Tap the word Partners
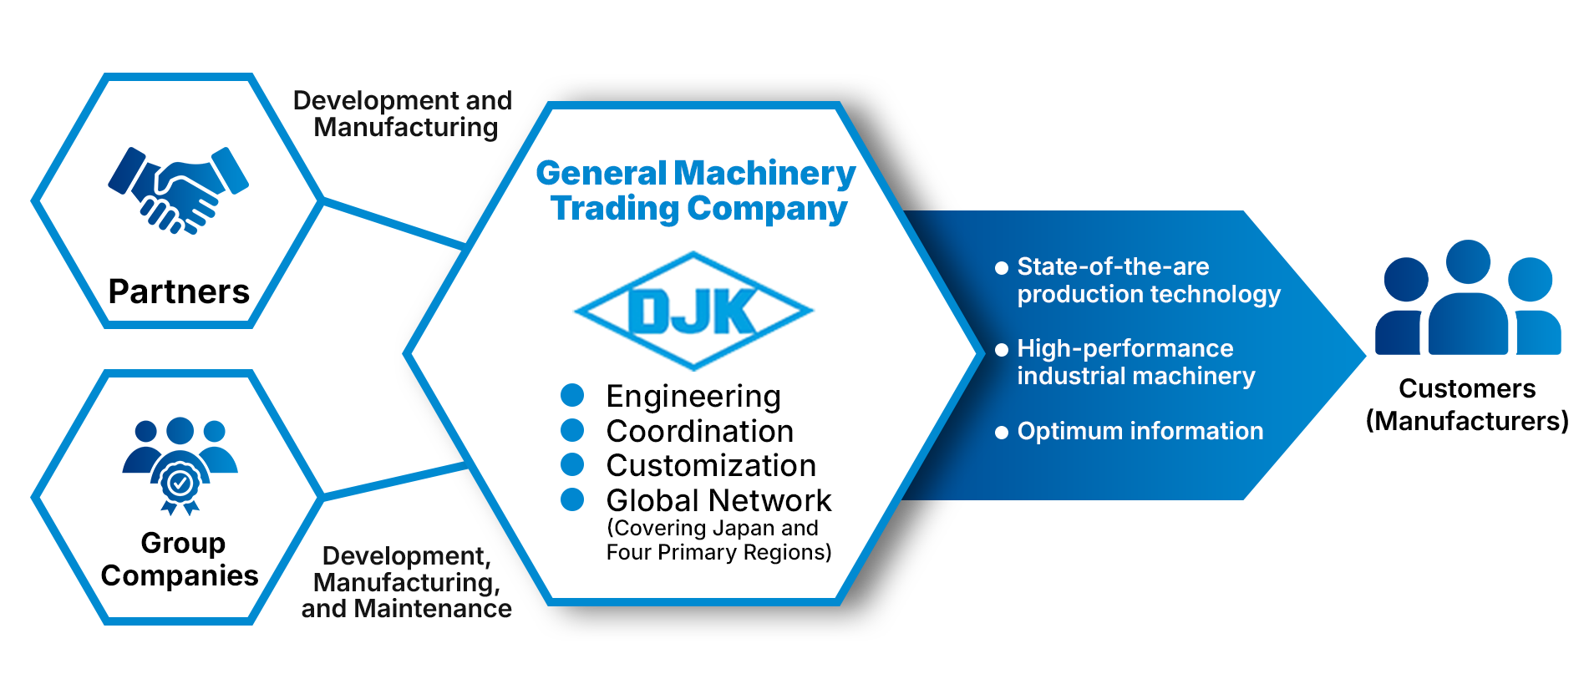point(179,291)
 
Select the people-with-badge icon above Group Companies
point(180,464)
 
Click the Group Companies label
point(180,559)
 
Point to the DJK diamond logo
point(693,311)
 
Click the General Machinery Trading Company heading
point(697,190)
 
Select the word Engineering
point(693,396)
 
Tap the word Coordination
point(700,431)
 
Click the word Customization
point(711,465)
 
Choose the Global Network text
point(718,500)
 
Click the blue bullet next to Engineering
point(572,394)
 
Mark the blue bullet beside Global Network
point(572,499)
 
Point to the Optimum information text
point(1140,431)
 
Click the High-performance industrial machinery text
point(1135,362)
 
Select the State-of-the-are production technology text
point(1148,280)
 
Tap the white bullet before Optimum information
point(1002,433)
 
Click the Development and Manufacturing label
point(404,114)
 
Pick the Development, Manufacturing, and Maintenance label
point(406,582)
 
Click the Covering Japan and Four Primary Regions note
point(718,540)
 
